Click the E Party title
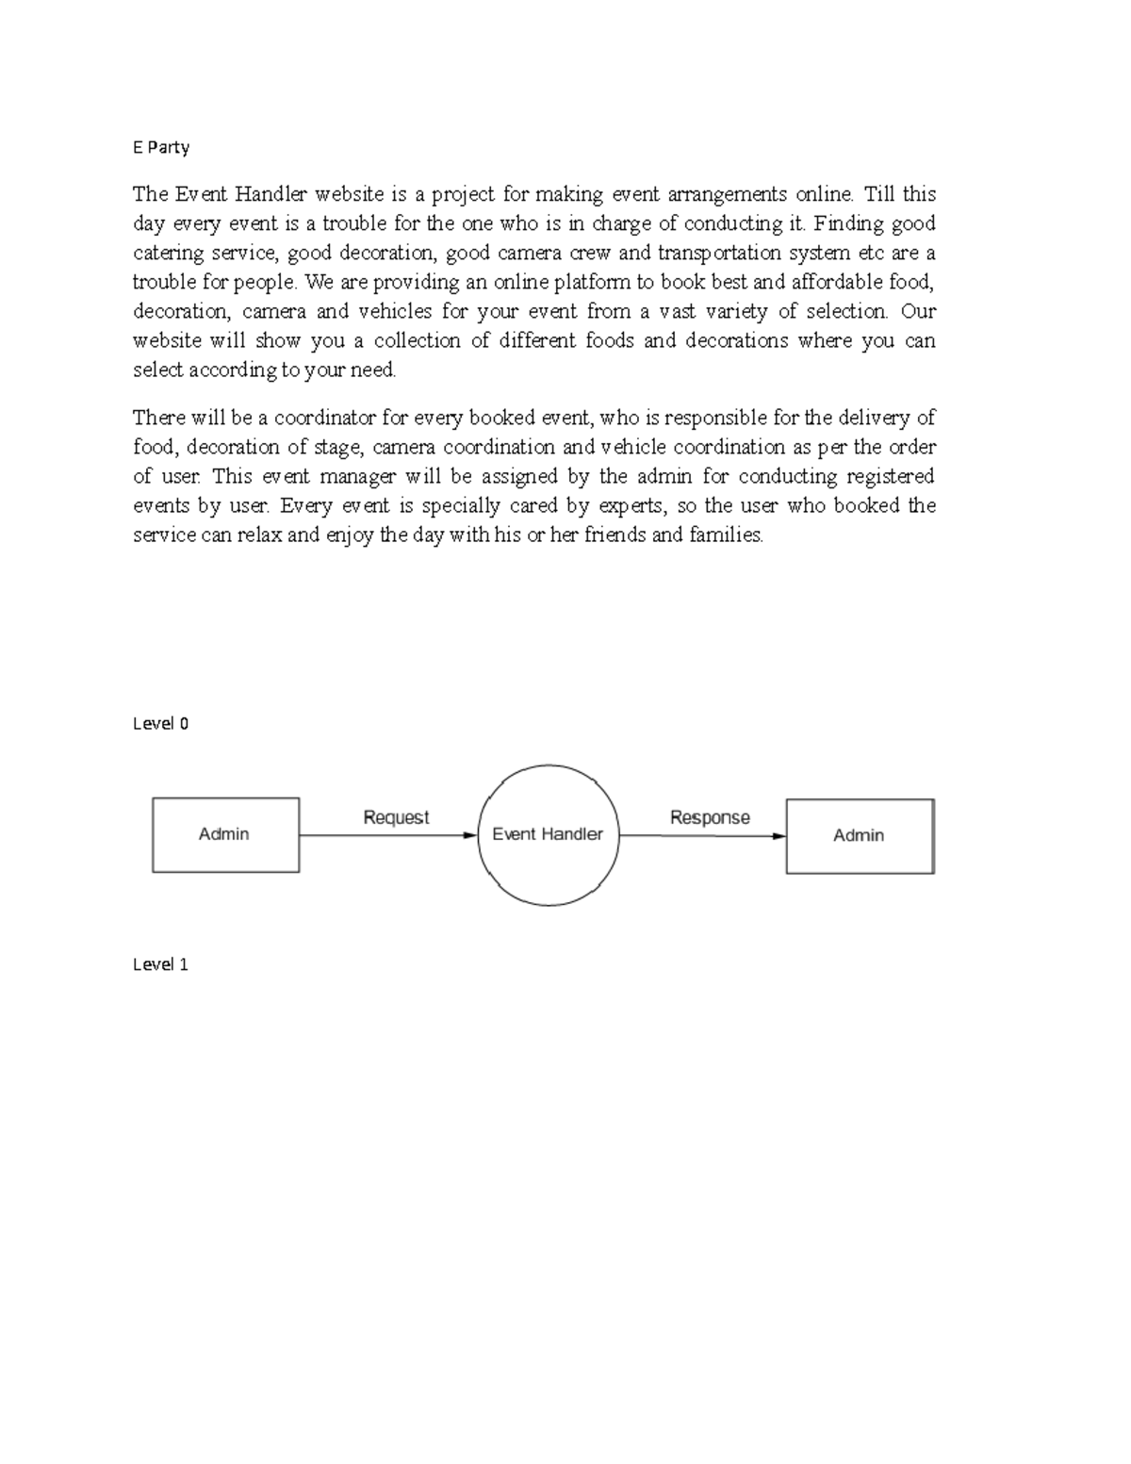tap(161, 147)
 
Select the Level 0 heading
tap(161, 724)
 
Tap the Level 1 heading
tap(161, 964)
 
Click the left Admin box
tap(225, 834)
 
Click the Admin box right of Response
tap(860, 835)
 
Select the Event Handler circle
tap(549, 835)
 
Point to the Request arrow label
tap(396, 817)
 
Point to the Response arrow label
tap(710, 817)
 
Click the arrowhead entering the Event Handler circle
tap(470, 835)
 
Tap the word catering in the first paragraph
tap(168, 253)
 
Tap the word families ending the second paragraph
tap(726, 535)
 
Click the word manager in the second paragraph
tap(357, 477)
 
